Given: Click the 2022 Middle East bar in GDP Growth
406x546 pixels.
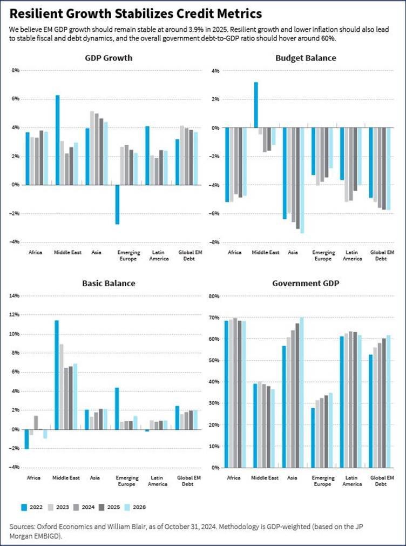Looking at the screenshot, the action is [57, 140].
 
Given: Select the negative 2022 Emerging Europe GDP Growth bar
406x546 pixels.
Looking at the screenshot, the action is [117, 204].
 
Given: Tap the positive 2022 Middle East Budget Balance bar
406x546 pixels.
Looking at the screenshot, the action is [256, 105].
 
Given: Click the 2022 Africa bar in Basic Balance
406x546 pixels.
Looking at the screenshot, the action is [26, 439].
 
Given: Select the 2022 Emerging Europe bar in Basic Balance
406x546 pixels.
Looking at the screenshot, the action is [117, 408].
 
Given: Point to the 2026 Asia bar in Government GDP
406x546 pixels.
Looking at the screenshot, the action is [302, 393].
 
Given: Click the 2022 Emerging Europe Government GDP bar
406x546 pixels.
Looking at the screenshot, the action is [313, 437].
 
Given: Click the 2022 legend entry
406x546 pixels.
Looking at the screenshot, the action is [32, 507].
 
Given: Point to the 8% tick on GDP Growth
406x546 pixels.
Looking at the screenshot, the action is [16, 70].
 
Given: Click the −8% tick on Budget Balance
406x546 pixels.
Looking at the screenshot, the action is [214, 242].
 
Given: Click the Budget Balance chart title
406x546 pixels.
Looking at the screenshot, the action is [306, 58].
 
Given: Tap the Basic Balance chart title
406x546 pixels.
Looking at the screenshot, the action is [109, 283].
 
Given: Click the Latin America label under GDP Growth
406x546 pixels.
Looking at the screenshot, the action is [159, 255].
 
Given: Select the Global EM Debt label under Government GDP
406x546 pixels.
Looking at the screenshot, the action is [381, 481].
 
